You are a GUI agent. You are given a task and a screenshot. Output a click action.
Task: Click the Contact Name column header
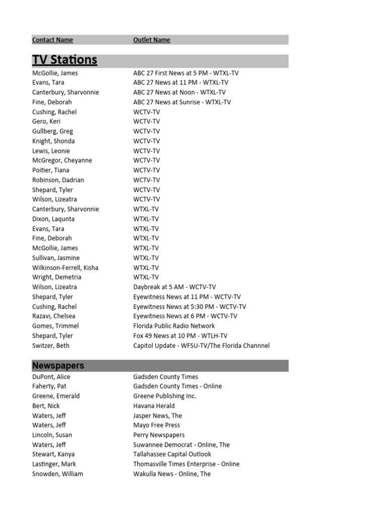[x=52, y=40]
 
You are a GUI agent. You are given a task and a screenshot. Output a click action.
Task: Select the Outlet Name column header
[x=151, y=40]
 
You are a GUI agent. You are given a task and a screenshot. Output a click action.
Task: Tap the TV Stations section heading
[x=64, y=60]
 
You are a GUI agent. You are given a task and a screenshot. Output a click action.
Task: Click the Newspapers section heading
[x=58, y=365]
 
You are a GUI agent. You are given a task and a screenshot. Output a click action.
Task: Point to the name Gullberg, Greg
[x=52, y=132]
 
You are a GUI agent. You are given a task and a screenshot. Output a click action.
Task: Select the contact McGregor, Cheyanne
[x=62, y=161]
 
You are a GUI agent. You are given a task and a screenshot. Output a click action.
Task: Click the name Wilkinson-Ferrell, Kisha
[x=65, y=268]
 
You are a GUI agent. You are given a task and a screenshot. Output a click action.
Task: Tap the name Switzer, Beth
[x=51, y=345]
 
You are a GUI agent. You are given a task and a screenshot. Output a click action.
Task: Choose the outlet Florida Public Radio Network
[x=173, y=326]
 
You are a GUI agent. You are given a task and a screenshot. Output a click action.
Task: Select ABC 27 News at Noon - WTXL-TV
[x=179, y=92]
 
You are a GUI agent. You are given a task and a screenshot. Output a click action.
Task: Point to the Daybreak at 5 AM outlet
[x=174, y=287]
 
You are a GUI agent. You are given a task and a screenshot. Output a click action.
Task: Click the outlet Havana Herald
[x=154, y=406]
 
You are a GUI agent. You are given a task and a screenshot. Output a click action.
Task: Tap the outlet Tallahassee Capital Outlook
[x=172, y=454]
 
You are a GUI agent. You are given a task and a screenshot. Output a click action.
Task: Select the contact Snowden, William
[x=57, y=474]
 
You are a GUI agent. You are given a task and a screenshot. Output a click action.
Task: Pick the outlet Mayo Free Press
[x=156, y=425]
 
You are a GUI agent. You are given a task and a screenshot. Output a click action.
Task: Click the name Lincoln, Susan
[x=52, y=435]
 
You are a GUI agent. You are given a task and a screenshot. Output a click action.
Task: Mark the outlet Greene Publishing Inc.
[x=164, y=396]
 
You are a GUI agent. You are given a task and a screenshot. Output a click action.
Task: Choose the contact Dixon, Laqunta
[x=53, y=219]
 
